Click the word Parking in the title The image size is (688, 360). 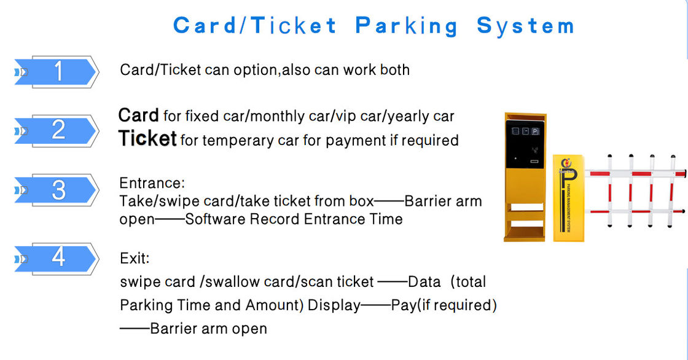point(407,26)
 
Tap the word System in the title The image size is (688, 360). point(525,26)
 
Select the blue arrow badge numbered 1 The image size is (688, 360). point(58,72)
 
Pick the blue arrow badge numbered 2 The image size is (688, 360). point(58,130)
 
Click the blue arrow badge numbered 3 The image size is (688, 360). point(58,190)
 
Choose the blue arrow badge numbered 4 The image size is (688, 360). point(58,257)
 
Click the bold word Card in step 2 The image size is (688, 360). point(138,115)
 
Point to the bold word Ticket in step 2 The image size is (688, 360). point(148,139)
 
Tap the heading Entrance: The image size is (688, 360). point(152,183)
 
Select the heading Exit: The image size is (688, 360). point(135,258)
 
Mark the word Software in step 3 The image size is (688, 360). point(214,219)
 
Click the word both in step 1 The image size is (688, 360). point(394,69)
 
